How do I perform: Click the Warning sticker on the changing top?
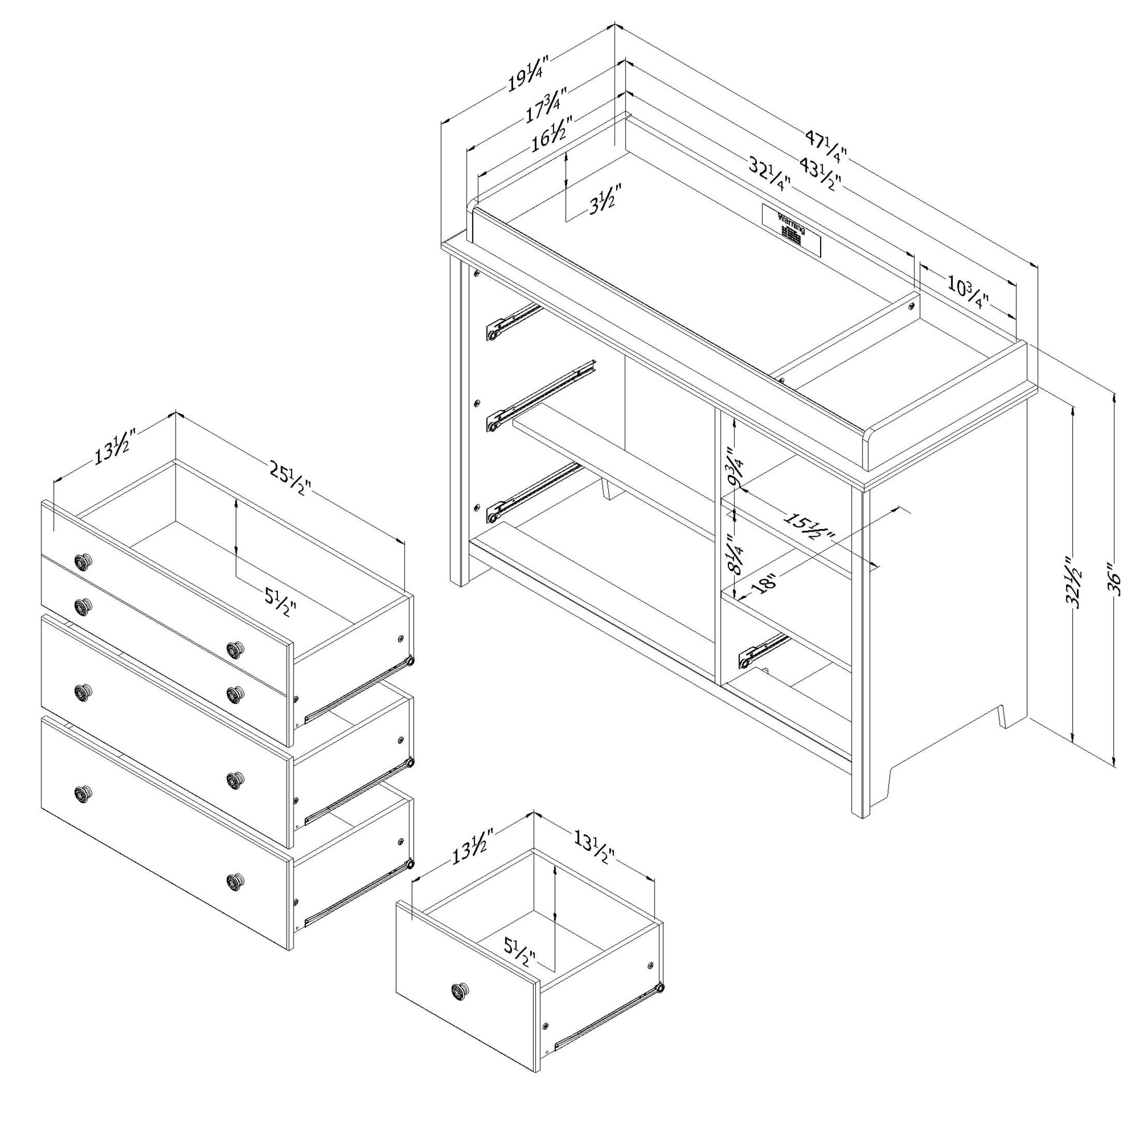[x=791, y=230]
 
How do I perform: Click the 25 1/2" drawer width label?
[x=289, y=478]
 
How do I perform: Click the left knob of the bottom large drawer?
[x=84, y=794]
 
